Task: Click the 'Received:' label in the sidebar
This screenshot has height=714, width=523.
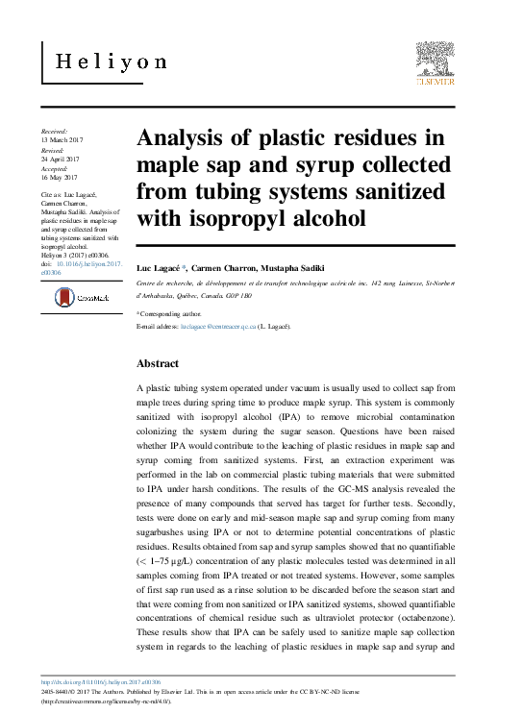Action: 55,128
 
